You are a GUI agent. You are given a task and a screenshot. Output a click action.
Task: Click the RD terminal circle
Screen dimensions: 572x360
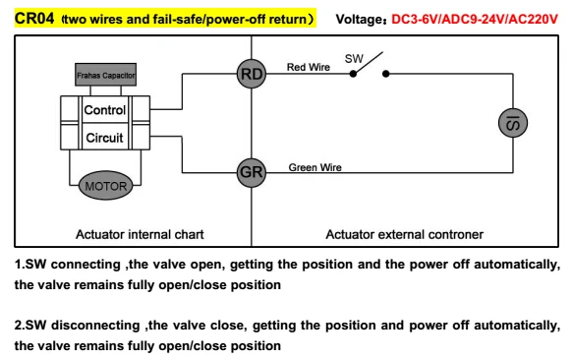(x=252, y=74)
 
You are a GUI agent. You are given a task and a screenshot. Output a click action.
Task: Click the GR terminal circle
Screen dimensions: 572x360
(x=252, y=173)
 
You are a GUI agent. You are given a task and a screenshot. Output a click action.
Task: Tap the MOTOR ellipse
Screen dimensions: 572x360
(x=106, y=186)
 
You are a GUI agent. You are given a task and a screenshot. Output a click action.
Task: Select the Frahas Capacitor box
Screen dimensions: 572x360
(x=106, y=75)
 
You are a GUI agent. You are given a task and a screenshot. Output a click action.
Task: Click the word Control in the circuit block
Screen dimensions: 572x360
(x=105, y=110)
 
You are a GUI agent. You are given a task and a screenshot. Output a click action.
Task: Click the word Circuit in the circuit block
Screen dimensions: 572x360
(x=105, y=138)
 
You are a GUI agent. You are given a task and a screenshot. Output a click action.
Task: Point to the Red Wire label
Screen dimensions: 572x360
(x=309, y=67)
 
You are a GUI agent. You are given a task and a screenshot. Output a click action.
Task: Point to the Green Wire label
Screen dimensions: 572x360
(x=315, y=167)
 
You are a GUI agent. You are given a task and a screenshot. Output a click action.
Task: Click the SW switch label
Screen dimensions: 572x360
(x=354, y=58)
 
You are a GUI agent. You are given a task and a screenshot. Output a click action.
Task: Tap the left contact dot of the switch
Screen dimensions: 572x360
(x=353, y=74)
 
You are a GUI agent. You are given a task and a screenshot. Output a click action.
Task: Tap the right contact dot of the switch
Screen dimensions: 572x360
(x=386, y=74)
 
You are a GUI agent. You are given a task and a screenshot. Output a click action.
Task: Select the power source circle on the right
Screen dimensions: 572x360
(x=513, y=123)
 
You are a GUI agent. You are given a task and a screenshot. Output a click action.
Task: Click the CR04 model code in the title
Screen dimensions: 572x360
(x=34, y=18)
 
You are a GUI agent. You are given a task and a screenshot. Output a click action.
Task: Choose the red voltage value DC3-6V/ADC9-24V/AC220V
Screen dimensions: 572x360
(x=475, y=19)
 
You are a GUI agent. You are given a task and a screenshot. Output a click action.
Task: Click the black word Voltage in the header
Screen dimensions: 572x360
(x=359, y=19)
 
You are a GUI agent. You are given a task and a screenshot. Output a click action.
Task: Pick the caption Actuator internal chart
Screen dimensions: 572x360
(x=140, y=234)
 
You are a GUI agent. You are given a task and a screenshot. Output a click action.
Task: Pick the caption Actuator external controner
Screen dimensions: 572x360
(x=405, y=234)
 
